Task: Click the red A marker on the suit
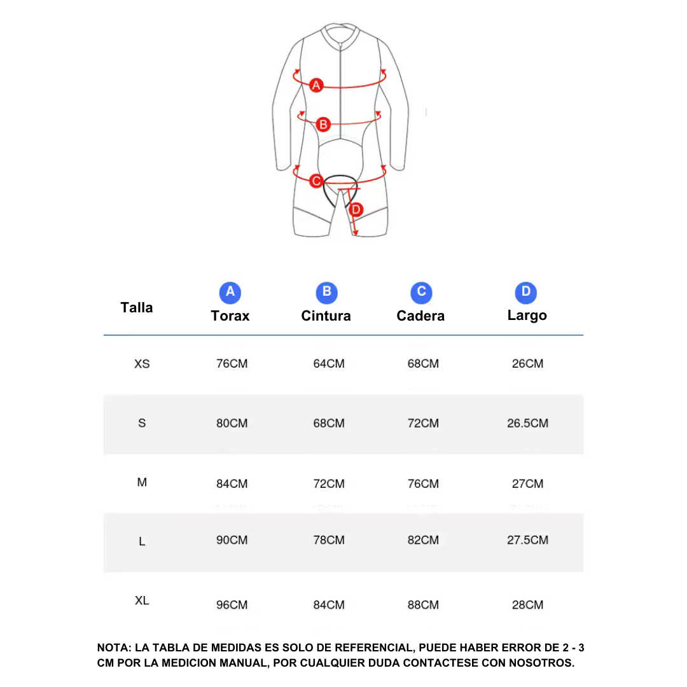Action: (316, 85)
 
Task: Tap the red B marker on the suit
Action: (323, 125)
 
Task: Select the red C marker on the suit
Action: (316, 181)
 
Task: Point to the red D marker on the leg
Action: (356, 209)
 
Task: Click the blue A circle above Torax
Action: (230, 293)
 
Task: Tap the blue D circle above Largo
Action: (526, 293)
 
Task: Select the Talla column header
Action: (137, 308)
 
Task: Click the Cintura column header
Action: (326, 316)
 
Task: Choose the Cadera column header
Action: (420, 316)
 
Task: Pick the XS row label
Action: (142, 364)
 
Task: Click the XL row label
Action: (142, 600)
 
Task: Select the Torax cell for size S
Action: (232, 423)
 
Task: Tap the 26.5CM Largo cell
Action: (527, 423)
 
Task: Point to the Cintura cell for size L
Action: (329, 540)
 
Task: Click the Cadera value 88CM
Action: (423, 605)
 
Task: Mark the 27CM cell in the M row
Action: (527, 483)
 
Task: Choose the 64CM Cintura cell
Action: (329, 364)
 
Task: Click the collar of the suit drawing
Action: (340, 33)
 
